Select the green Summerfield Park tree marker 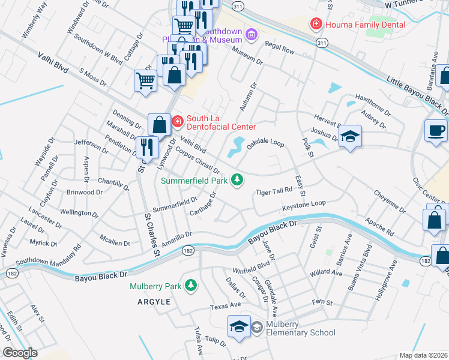(238, 179)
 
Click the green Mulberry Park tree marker (191, 286)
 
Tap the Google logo (19, 353)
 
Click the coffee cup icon (436, 130)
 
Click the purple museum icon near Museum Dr (251, 35)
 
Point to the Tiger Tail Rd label (274, 192)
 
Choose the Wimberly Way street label (34, 20)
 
